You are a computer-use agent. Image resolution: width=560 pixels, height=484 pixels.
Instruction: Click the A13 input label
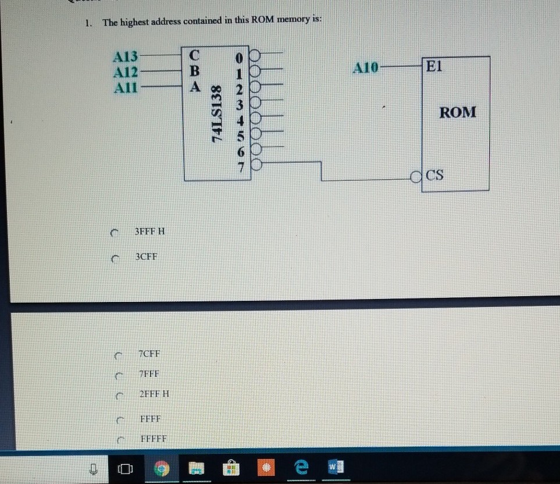126,57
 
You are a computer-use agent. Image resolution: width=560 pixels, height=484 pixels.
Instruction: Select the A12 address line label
126,72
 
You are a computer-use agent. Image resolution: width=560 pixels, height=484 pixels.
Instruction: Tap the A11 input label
126,87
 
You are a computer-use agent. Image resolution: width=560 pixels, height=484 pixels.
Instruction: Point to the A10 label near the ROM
365,69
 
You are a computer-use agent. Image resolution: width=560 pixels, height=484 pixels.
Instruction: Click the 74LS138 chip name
217,114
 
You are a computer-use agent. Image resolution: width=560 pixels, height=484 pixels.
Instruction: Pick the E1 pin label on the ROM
434,66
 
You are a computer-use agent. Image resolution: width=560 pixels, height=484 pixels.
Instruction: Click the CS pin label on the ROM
434,174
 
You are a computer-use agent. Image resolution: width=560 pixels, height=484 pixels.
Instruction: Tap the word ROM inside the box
457,112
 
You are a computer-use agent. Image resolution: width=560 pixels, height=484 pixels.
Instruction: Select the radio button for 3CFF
115,257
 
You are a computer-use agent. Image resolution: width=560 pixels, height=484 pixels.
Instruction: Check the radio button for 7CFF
119,354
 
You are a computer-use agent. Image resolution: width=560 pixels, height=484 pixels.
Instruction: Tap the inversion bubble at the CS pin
415,175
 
